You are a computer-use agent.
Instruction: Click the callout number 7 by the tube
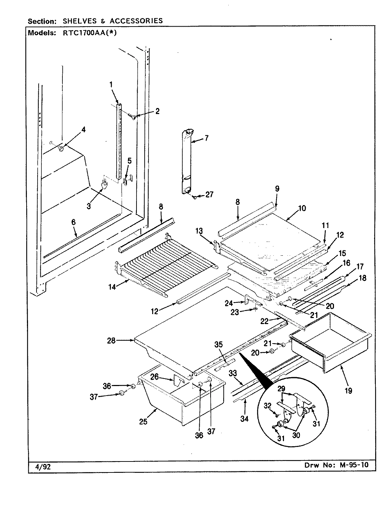[206, 138]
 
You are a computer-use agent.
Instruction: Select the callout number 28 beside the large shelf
[111, 340]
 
